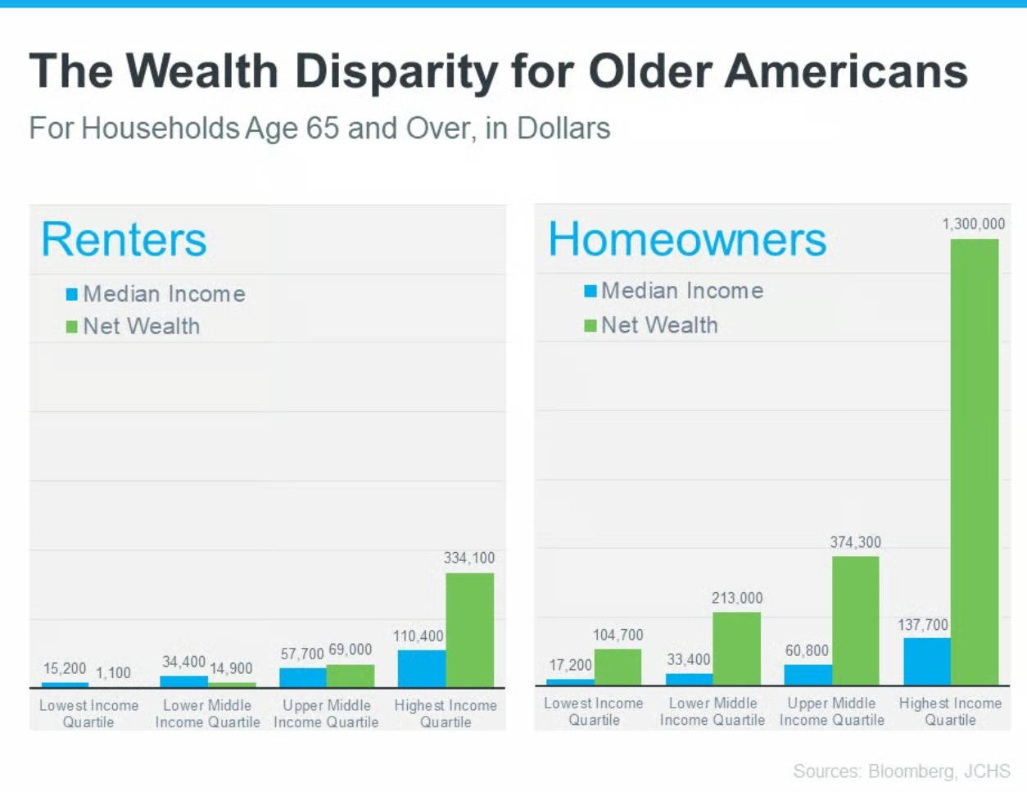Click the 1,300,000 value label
(973, 224)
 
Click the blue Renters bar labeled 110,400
(422, 668)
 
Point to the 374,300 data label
(855, 542)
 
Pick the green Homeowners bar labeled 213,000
(736, 648)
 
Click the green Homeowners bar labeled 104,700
(618, 667)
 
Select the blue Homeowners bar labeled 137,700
(927, 661)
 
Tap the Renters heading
(124, 239)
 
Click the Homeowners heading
(687, 239)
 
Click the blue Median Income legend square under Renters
(72, 294)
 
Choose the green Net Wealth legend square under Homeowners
(590, 326)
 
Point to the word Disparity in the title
(396, 71)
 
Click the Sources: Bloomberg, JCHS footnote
(901, 772)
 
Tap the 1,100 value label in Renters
(113, 672)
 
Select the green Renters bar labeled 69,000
(351, 676)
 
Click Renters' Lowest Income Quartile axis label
(88, 713)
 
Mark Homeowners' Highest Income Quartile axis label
(950, 711)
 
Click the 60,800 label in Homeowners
(807, 650)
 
